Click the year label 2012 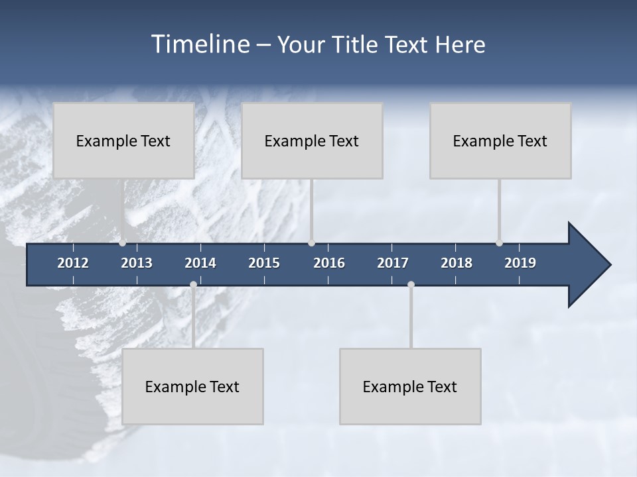[73, 263]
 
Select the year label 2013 [137, 263]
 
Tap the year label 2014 [200, 263]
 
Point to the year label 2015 [264, 263]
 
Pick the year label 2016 [329, 263]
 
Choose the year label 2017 [393, 263]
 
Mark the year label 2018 [457, 263]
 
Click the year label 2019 [520, 263]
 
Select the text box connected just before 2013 [123, 140]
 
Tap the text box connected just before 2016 [312, 140]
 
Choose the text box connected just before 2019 [500, 140]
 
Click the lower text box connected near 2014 [192, 386]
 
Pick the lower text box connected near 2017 [410, 386]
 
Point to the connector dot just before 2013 [123, 243]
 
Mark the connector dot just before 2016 [311, 243]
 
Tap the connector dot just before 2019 [499, 243]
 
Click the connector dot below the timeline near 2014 [193, 285]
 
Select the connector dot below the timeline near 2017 [411, 285]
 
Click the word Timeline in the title [200, 44]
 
